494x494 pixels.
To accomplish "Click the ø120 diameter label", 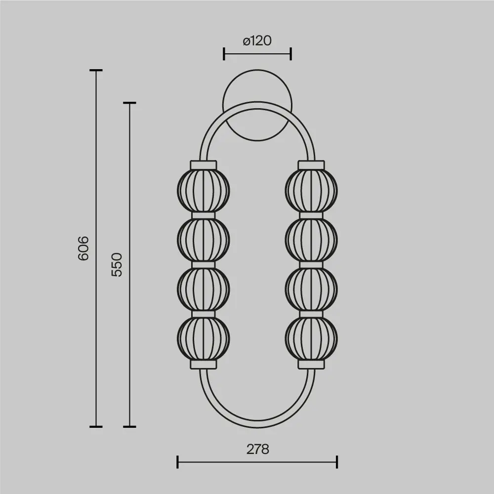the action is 257,41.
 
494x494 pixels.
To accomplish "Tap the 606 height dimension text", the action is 83,248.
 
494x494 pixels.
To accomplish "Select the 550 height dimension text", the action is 117,265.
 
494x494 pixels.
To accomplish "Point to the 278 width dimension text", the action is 258,449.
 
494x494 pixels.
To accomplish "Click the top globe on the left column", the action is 203,191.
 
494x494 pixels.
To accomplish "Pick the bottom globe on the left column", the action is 203,338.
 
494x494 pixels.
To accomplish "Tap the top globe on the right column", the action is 311,191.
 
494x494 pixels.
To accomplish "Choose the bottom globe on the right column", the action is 311,338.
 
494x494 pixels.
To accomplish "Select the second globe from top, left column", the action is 203,240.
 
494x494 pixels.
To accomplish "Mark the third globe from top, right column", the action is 311,289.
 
